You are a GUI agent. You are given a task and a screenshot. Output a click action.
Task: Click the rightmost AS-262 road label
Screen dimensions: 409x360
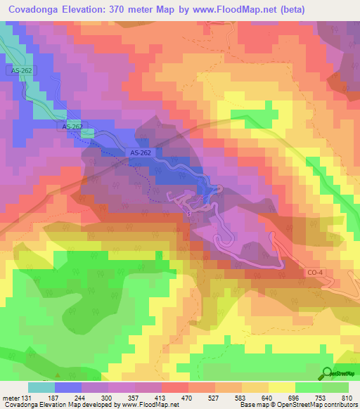pyautogui.click(x=141, y=152)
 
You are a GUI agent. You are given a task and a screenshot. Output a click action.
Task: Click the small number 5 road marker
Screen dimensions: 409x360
pyautogui.click(x=188, y=213)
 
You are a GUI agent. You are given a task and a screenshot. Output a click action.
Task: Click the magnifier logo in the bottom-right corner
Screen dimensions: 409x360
pyautogui.click(x=328, y=374)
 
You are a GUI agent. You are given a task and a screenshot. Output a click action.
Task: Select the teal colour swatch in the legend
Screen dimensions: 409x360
pyautogui.click(x=41, y=387)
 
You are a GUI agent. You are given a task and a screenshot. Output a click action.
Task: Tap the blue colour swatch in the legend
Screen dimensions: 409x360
pyautogui.click(x=67, y=387)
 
